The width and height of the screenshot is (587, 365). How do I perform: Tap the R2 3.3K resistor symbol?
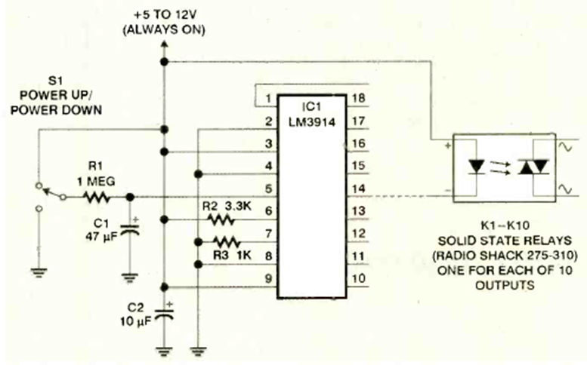(x=219, y=220)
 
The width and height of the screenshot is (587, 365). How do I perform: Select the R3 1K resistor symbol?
(x=224, y=242)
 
